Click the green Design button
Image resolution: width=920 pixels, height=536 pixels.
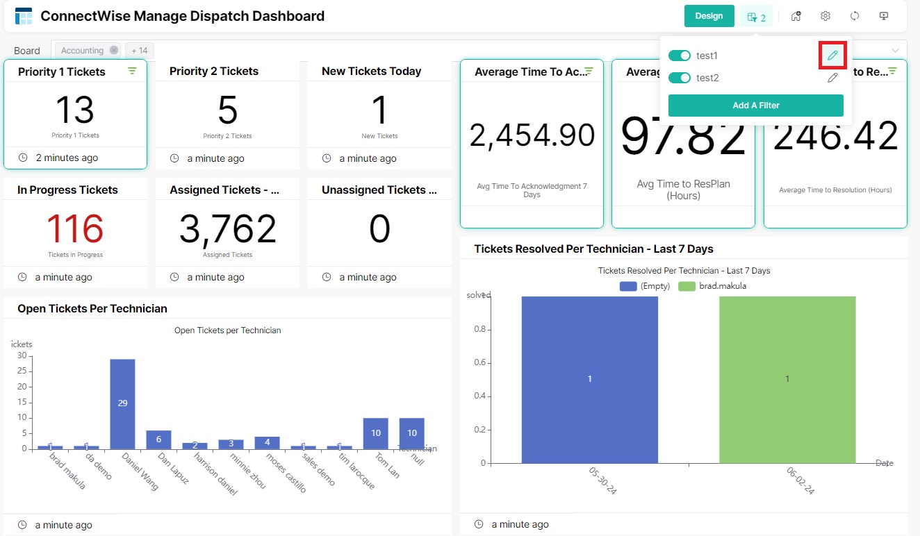[709, 16]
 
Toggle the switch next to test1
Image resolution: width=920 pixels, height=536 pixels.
[679, 56]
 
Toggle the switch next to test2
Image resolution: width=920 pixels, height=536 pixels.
[679, 78]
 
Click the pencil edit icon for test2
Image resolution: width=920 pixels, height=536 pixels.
[832, 78]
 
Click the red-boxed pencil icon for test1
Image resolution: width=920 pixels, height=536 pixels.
[832, 56]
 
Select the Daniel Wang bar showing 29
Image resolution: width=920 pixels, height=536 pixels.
[122, 403]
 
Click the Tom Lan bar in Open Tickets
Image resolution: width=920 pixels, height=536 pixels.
[375, 433]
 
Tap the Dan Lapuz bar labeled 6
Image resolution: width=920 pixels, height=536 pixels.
[158, 439]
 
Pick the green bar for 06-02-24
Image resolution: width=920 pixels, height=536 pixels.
[787, 379]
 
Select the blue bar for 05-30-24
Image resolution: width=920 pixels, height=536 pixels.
[589, 379]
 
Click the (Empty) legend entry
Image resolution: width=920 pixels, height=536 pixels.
[644, 286]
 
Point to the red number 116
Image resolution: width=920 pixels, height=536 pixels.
[75, 229]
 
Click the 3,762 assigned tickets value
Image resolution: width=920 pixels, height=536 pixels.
[227, 229]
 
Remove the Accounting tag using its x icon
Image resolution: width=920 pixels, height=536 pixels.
[114, 51]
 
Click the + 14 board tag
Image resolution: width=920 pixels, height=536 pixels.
[140, 51]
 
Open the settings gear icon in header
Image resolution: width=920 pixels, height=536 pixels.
[825, 16]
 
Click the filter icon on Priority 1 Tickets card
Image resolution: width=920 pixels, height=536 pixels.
[132, 71]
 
